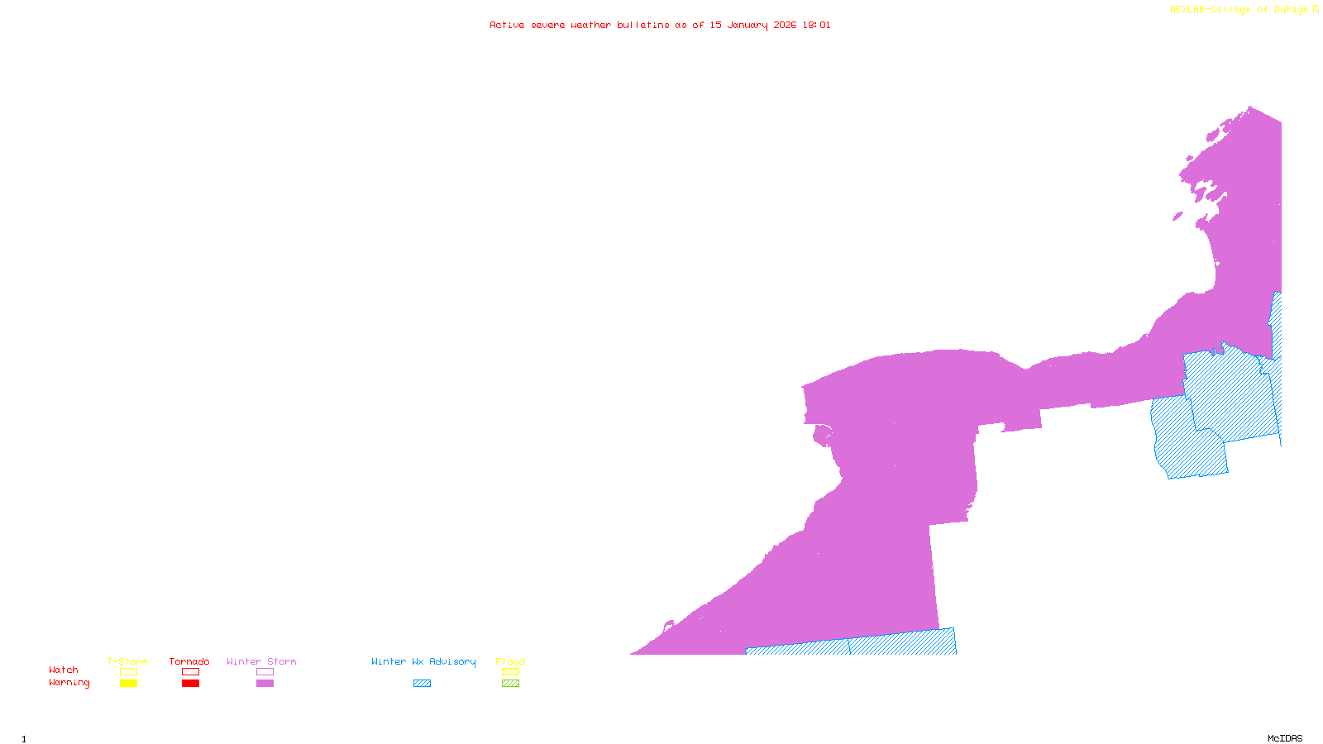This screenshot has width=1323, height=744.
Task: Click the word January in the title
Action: point(747,26)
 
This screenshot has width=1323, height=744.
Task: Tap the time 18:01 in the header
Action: point(816,26)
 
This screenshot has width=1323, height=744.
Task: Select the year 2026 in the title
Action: point(785,26)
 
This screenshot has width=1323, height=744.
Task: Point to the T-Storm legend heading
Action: point(127,661)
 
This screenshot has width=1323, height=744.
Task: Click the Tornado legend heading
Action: point(189,661)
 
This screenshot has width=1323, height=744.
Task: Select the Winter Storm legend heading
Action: point(261,661)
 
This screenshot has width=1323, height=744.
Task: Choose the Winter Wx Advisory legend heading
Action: point(423,661)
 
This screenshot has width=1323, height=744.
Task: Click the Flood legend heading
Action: point(510,661)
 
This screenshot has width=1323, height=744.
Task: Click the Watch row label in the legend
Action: point(64,670)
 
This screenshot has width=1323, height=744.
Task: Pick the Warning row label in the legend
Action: point(69,683)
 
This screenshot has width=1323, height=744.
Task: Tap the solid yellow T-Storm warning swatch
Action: point(128,684)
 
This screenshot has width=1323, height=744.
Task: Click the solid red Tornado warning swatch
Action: point(191,684)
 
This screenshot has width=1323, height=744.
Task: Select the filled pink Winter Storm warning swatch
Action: point(265,684)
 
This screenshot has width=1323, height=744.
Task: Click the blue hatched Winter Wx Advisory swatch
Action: point(422,684)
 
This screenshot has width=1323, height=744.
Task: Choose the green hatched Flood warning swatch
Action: point(510,684)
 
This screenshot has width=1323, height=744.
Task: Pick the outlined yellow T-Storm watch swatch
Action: point(128,672)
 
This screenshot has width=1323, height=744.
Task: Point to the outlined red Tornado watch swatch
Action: point(191,672)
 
